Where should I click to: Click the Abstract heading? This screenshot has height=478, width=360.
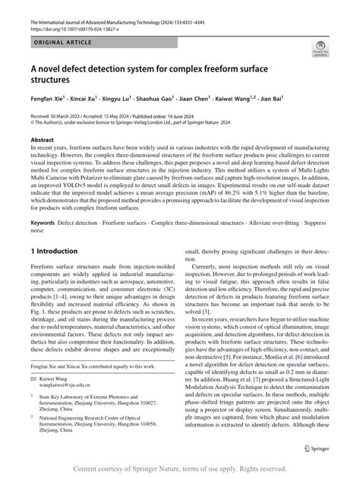[x=42, y=141]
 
